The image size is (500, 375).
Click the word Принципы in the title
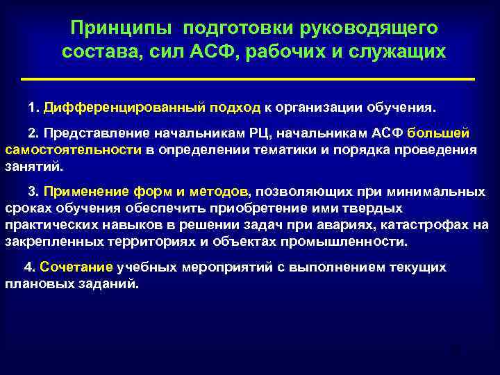pos(119,28)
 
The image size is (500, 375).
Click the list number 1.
pos(31,109)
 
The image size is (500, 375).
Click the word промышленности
pos(353,242)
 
